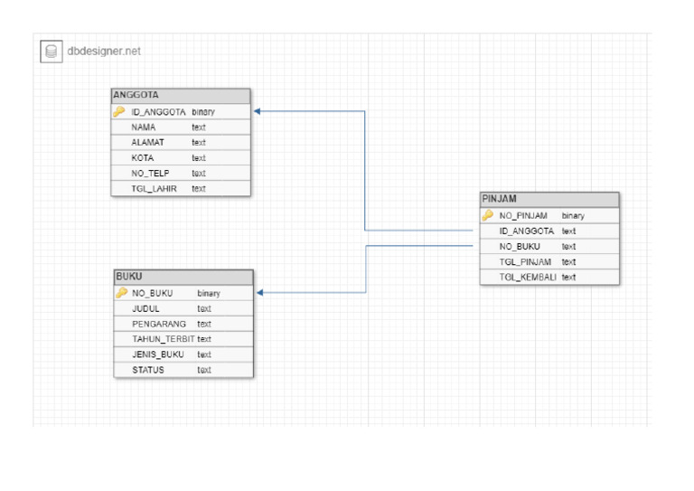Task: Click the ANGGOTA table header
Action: pyautogui.click(x=136, y=95)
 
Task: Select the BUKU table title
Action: pyautogui.click(x=128, y=277)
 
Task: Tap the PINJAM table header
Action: pyautogui.click(x=500, y=199)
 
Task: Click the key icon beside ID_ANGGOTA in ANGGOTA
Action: pyautogui.click(x=119, y=112)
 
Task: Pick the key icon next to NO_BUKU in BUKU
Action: pyautogui.click(x=121, y=293)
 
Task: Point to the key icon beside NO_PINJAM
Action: pyautogui.click(x=488, y=215)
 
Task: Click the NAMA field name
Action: pyautogui.click(x=144, y=127)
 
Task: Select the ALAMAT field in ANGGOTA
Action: pyautogui.click(x=147, y=143)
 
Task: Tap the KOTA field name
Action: pyautogui.click(x=143, y=158)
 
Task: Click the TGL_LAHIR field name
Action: pyautogui.click(x=154, y=189)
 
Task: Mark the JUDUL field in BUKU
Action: pyautogui.click(x=145, y=308)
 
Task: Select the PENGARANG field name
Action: pyautogui.click(x=159, y=324)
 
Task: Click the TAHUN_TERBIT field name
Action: pyautogui.click(x=164, y=339)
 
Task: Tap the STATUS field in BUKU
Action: pyautogui.click(x=148, y=370)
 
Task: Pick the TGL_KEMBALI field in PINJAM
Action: pyautogui.click(x=528, y=277)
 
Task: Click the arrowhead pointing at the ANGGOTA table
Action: pyautogui.click(x=258, y=111)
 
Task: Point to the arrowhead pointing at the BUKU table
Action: pyautogui.click(x=260, y=293)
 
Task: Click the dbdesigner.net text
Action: pyautogui.click(x=104, y=52)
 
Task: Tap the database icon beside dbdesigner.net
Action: pyautogui.click(x=52, y=52)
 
